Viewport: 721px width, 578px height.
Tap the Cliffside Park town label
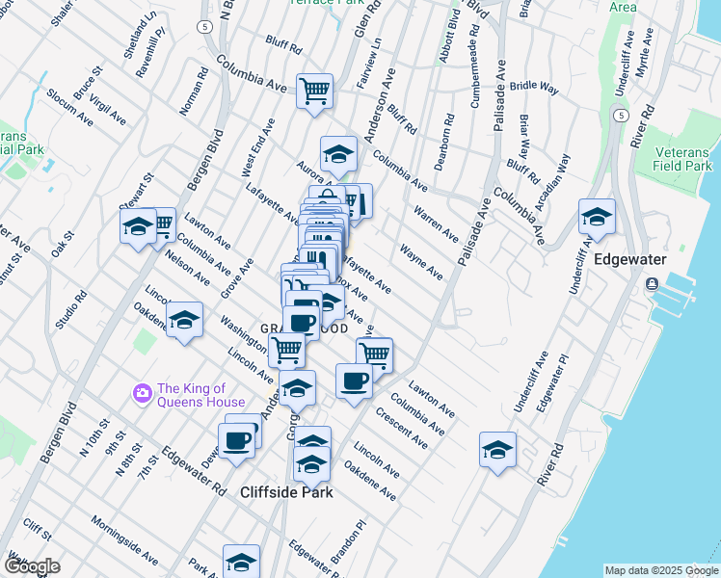tap(286, 492)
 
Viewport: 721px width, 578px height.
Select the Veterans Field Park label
tap(682, 160)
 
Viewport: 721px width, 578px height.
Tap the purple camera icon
tap(142, 393)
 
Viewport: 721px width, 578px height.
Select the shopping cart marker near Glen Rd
tap(314, 92)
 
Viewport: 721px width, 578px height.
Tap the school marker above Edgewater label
tap(597, 217)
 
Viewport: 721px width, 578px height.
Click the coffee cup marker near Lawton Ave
tap(354, 381)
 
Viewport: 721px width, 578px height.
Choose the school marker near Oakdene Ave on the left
tap(184, 321)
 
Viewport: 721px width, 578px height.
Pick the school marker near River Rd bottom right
tap(497, 450)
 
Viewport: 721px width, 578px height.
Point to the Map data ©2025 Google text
tap(661, 570)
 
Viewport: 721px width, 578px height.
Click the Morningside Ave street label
tap(124, 540)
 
